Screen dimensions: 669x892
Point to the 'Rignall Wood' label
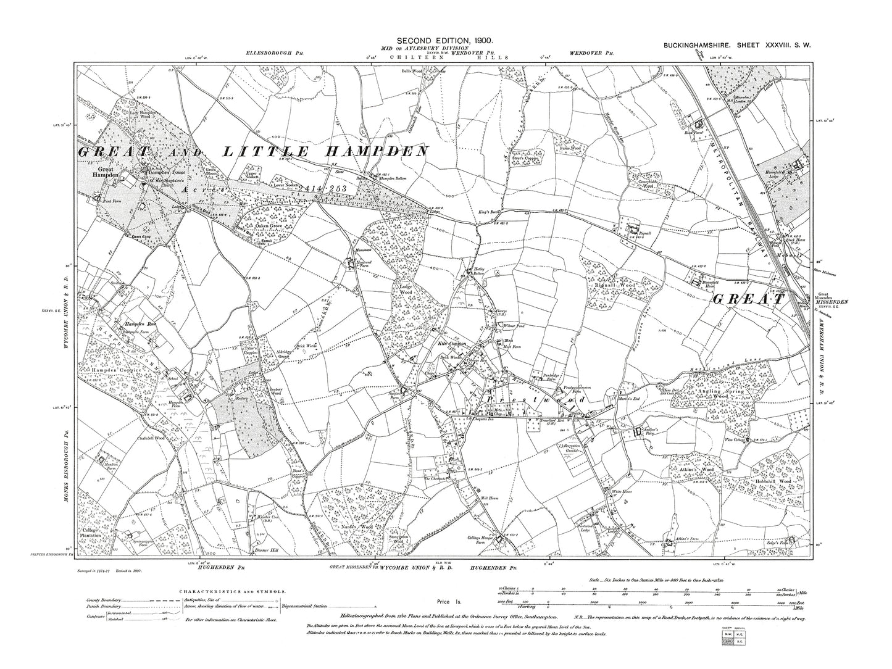coord(615,286)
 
